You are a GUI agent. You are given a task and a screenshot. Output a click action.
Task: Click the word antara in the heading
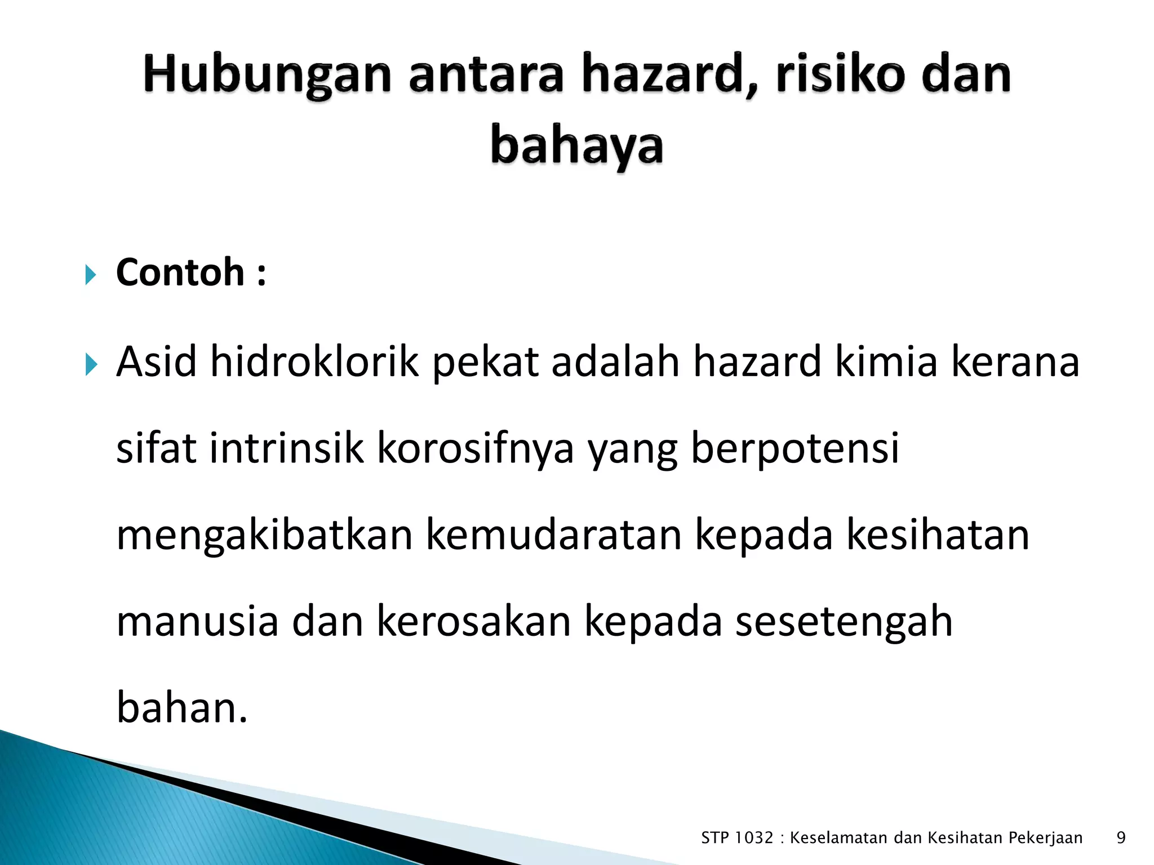tap(486, 75)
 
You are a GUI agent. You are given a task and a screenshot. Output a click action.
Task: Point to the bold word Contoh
tap(180, 273)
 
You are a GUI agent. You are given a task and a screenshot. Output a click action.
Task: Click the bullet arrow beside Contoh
tap(91, 275)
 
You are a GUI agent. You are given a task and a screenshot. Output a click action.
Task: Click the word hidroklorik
tap(314, 362)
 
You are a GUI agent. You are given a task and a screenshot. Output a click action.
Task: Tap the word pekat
tap(485, 362)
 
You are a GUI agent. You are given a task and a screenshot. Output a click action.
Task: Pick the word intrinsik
tap(287, 448)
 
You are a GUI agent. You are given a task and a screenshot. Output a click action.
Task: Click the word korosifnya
tap(475, 448)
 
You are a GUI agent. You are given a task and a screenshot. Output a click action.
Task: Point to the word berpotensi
tap(795, 448)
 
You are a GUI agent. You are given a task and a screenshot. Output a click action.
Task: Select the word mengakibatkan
tap(264, 535)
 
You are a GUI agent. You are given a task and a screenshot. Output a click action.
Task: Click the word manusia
tap(197, 621)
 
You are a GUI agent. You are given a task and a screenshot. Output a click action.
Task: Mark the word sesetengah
tap(844, 621)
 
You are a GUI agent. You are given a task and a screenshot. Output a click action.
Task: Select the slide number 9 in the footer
tap(1121, 838)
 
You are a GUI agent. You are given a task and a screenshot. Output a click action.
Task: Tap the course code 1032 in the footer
tap(754, 838)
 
